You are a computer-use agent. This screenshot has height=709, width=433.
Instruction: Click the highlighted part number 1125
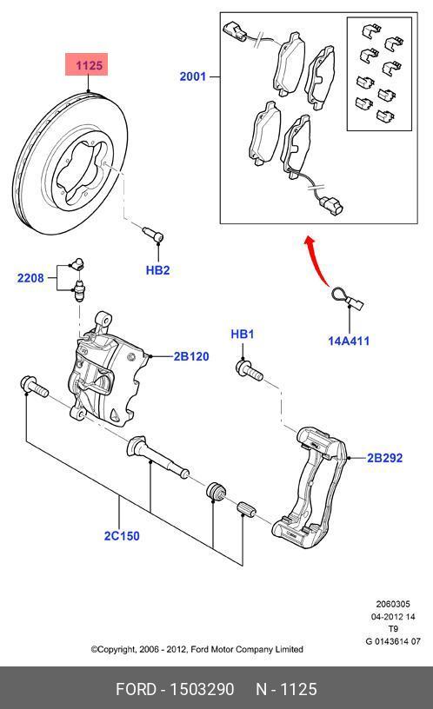click(90, 65)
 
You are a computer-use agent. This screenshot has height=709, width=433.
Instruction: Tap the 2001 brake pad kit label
click(193, 76)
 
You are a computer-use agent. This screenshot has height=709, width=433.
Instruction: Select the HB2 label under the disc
click(157, 270)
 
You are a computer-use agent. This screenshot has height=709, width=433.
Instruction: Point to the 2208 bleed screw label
click(30, 278)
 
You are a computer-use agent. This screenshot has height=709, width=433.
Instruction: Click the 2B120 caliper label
click(190, 356)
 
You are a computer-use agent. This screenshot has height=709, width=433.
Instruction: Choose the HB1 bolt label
click(242, 334)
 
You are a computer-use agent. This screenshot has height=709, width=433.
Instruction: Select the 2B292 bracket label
click(384, 457)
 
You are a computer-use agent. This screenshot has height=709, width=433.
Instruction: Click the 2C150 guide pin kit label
click(121, 536)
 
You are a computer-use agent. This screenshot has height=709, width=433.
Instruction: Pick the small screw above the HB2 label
click(154, 235)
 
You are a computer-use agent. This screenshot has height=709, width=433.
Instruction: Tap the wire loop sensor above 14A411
click(345, 298)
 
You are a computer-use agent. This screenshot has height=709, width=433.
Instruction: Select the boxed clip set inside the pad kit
click(379, 73)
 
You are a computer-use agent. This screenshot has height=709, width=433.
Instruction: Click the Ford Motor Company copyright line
click(197, 649)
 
